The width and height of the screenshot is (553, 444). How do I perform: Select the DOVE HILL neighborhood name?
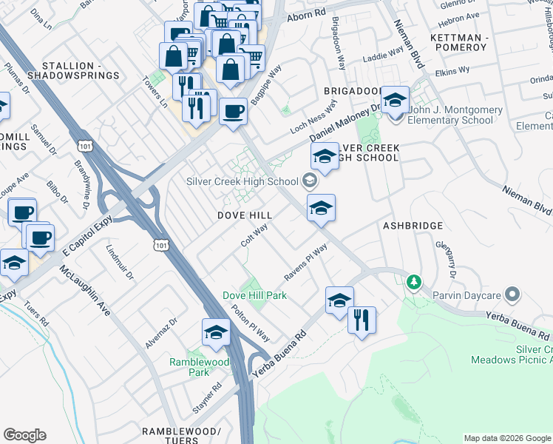(245, 215)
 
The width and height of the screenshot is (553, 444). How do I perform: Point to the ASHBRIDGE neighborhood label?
(413, 226)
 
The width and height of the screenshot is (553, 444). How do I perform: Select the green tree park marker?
(415, 282)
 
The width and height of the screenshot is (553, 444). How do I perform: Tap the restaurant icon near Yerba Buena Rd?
(362, 320)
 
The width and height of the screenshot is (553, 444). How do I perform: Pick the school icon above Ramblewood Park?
(216, 332)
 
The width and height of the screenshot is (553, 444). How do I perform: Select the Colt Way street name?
(254, 235)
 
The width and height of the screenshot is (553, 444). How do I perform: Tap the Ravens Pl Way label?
(306, 263)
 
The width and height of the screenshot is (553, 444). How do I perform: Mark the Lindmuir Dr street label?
(119, 263)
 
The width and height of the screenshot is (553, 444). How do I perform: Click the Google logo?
(24, 435)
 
